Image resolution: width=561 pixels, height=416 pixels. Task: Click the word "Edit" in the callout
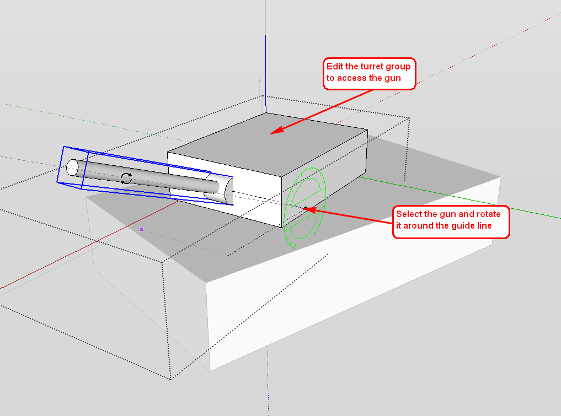[334, 67]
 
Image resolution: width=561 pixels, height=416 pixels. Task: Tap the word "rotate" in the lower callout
[488, 214]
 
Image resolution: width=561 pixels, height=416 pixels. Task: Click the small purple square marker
[141, 229]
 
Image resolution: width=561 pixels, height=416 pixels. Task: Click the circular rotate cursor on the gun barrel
[126, 179]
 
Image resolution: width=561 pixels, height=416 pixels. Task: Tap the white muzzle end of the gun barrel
[72, 168]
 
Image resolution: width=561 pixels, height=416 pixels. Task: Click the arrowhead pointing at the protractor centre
[310, 209]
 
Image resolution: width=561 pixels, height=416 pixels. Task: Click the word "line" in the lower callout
[483, 226]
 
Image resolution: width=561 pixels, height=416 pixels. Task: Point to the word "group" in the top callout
[399, 67]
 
